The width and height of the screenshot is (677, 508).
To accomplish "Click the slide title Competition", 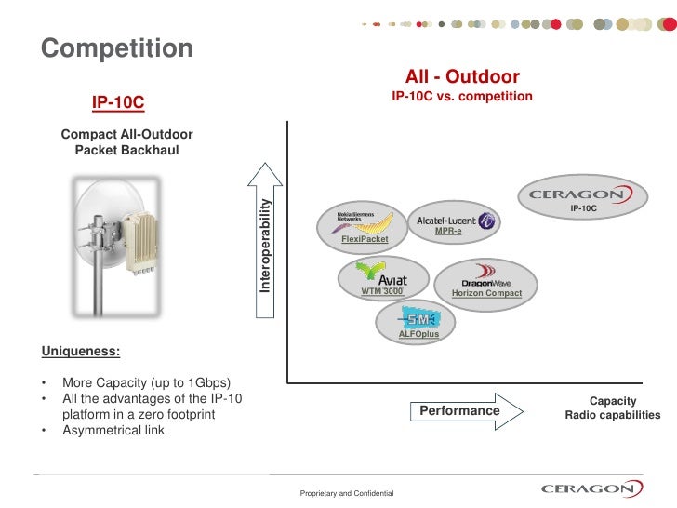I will (117, 47).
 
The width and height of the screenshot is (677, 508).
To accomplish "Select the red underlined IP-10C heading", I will (118, 101).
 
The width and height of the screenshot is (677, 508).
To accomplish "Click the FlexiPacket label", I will (365, 239).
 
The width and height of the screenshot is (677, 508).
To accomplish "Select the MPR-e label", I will (448, 230).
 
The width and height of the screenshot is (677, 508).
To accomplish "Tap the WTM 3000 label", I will (381, 292).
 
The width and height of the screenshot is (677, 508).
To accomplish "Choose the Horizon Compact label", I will (486, 293).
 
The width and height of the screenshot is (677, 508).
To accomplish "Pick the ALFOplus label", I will (418, 333).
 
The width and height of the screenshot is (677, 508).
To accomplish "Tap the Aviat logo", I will (383, 276).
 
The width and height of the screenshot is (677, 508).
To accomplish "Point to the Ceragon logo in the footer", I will (591, 488).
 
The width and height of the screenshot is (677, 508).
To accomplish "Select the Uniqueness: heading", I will (80, 352).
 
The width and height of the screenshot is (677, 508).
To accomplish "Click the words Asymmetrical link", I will (113, 430).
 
